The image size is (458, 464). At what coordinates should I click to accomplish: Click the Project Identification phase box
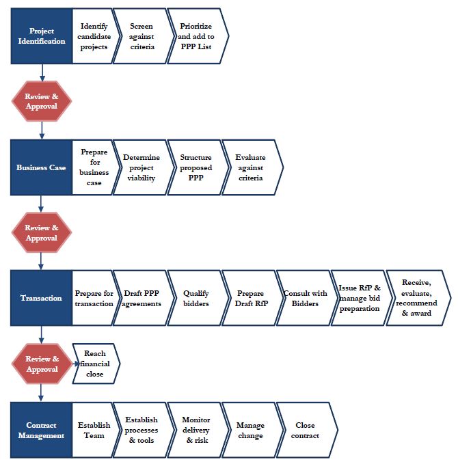[42, 36]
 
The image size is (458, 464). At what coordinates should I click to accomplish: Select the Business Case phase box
[41, 167]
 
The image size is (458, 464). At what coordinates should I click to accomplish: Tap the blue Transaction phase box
[41, 298]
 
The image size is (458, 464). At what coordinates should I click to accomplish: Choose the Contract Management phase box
[41, 430]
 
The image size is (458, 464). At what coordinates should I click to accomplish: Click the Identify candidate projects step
[94, 36]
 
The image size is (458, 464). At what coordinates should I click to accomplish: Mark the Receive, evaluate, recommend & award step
[418, 298]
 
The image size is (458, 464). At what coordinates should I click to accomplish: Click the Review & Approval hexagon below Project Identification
[42, 101]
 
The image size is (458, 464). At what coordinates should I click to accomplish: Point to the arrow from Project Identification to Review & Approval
[42, 72]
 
